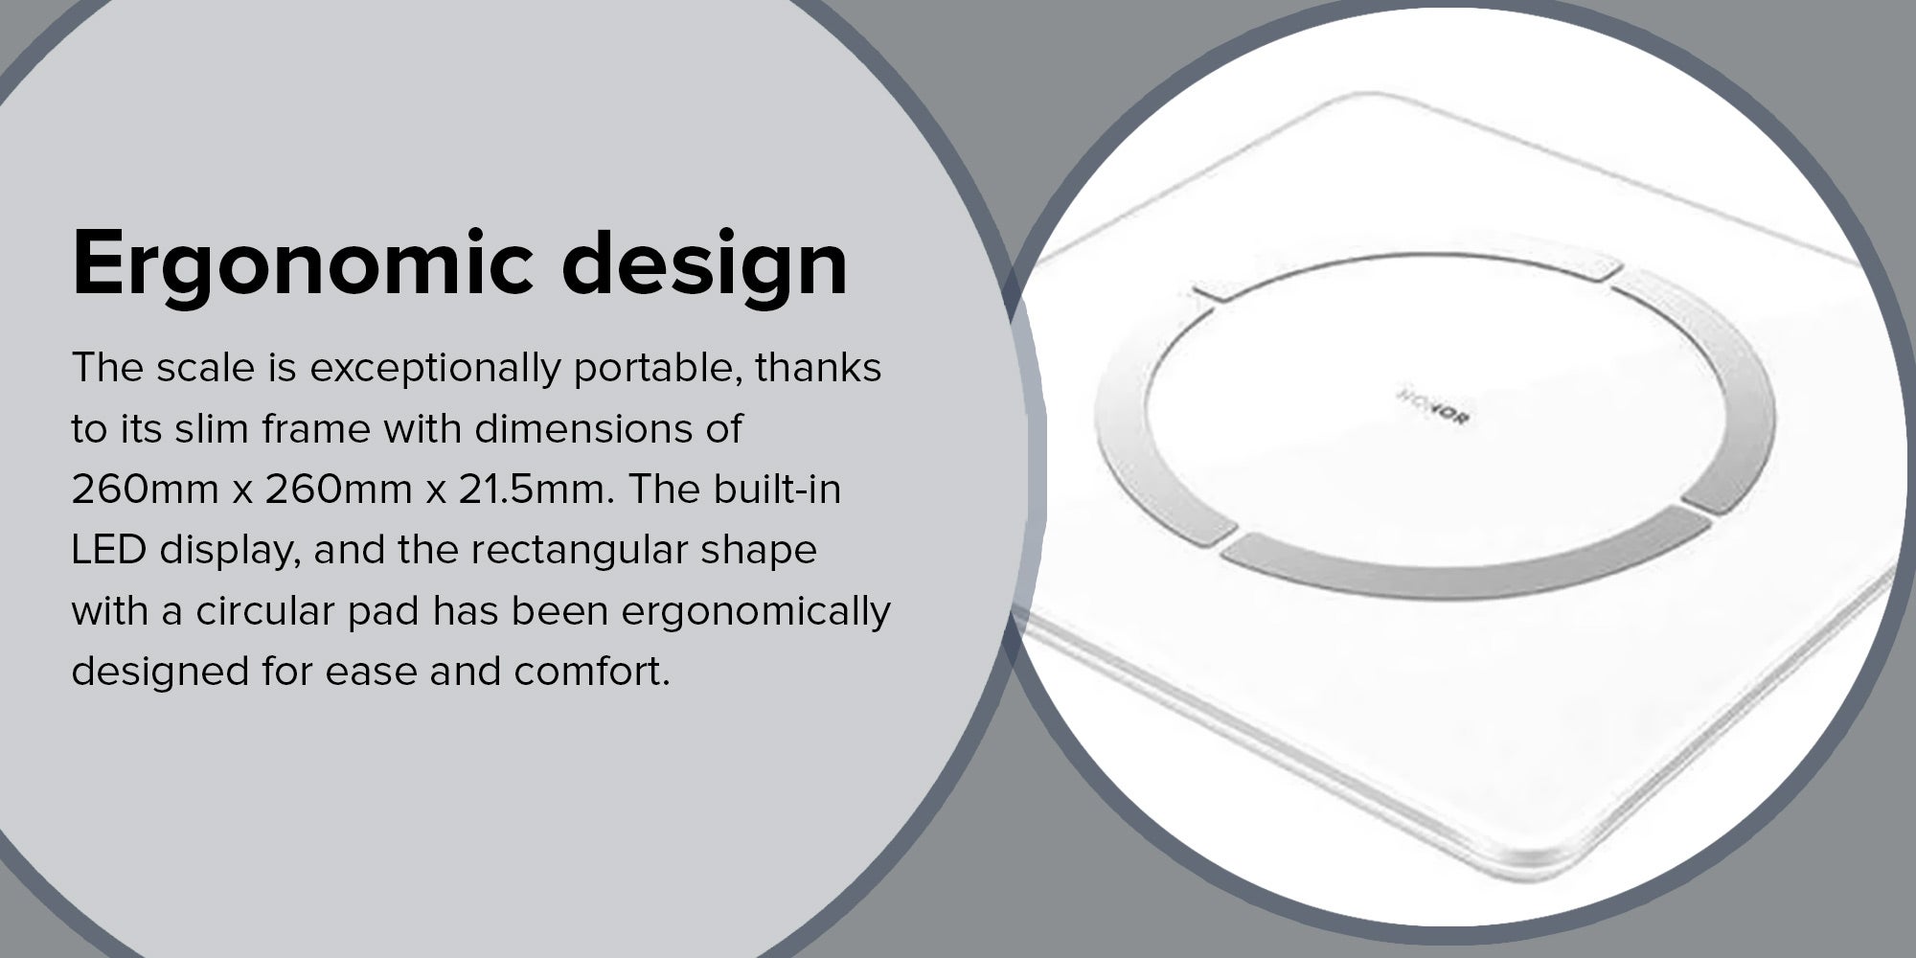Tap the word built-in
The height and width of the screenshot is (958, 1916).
pyautogui.click(x=777, y=490)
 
